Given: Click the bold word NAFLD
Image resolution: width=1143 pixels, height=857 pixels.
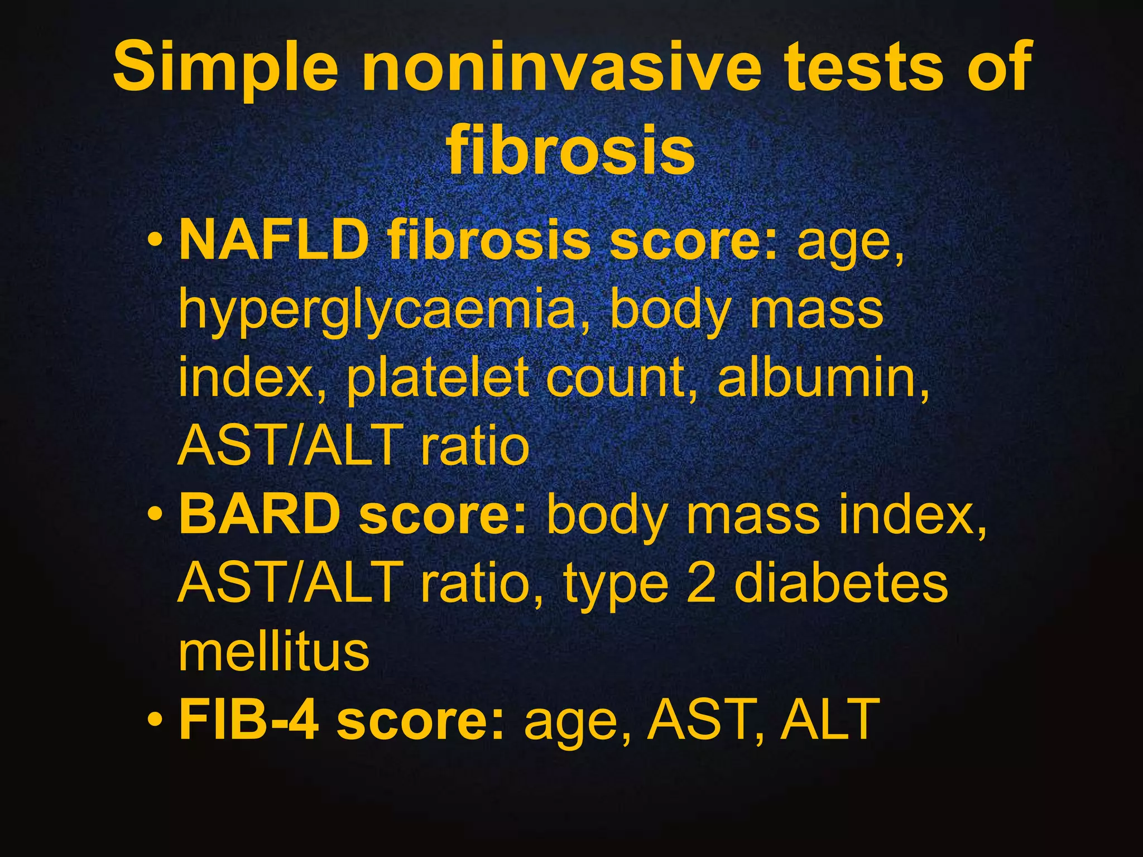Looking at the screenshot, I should (273, 240).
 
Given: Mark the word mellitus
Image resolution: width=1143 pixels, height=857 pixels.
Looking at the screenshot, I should (274, 651).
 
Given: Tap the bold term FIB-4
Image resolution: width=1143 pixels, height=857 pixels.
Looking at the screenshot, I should (249, 720).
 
